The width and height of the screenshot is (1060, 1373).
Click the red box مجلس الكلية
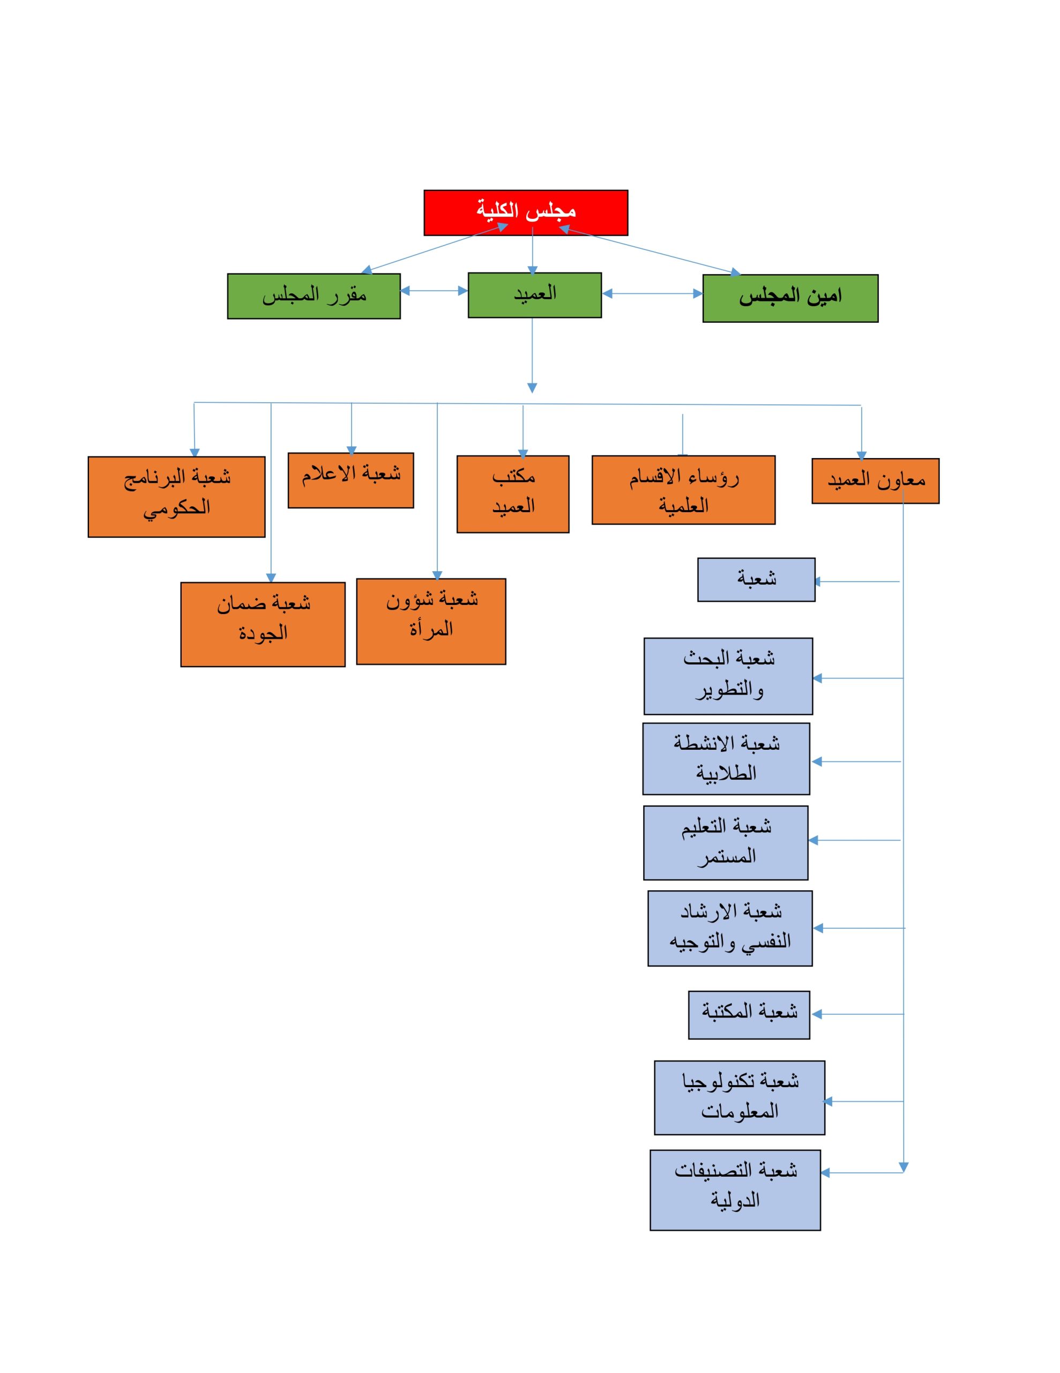(525, 212)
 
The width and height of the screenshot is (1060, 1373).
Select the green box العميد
(534, 295)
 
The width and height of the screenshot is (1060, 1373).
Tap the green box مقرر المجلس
(313, 296)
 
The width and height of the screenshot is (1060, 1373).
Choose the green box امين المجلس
(790, 298)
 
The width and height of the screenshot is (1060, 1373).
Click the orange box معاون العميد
(875, 481)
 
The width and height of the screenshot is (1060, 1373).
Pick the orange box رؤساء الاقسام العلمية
(683, 490)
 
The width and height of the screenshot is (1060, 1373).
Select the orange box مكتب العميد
(513, 494)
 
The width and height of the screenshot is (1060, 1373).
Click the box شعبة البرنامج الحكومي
(176, 497)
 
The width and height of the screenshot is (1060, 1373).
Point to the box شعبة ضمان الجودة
(263, 624)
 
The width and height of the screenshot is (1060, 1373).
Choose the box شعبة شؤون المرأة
(430, 621)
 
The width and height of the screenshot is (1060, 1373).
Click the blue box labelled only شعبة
(756, 579)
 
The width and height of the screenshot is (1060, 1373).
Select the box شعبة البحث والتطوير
(728, 676)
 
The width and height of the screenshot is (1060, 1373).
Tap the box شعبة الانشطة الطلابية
(726, 758)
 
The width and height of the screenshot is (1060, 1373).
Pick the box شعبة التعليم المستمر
(725, 843)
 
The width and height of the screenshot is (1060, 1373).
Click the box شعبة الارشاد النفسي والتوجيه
(729, 928)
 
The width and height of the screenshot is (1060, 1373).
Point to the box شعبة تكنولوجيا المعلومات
(739, 1098)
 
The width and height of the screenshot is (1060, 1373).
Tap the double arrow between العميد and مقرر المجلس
(434, 291)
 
